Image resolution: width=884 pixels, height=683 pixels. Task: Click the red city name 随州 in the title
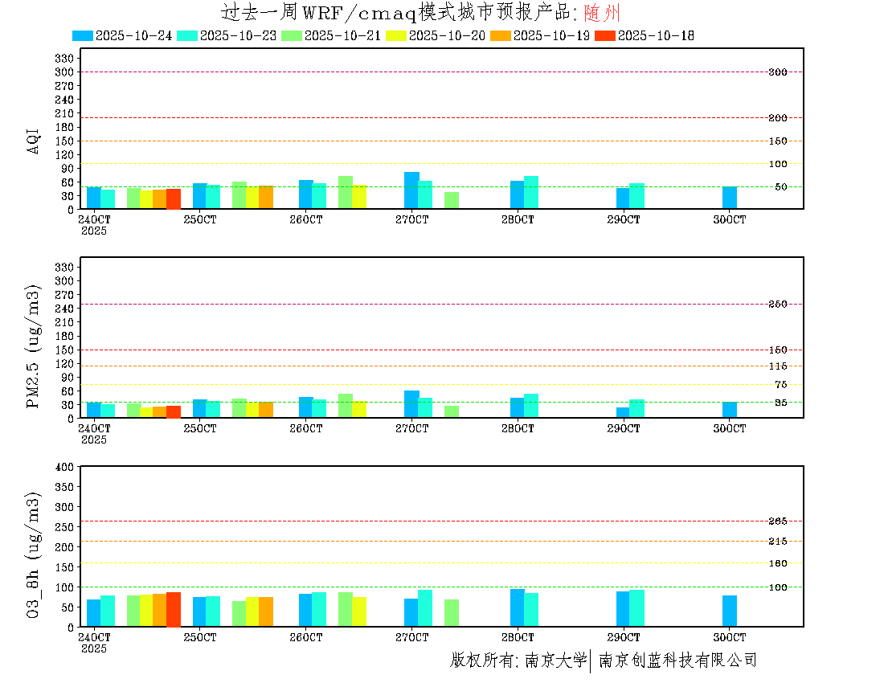602,13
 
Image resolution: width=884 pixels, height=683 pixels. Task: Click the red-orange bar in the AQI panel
173,198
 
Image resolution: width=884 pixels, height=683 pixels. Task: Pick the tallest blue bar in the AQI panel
411,190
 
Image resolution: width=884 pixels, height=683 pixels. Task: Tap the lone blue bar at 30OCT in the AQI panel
729,198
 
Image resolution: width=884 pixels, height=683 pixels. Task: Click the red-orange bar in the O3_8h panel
173,609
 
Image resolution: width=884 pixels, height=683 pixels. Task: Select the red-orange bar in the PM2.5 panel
173,411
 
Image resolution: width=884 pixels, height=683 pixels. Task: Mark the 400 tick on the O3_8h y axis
64,467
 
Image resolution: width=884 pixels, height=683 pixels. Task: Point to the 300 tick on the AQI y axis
64,72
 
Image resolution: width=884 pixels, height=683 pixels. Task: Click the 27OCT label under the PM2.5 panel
411,428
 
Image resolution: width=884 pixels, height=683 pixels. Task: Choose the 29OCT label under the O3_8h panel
624,636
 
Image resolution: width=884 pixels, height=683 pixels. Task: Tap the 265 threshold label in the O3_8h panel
777,521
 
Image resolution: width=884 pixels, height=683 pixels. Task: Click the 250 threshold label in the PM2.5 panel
777,304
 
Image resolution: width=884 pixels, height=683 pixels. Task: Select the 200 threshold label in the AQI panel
777,118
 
